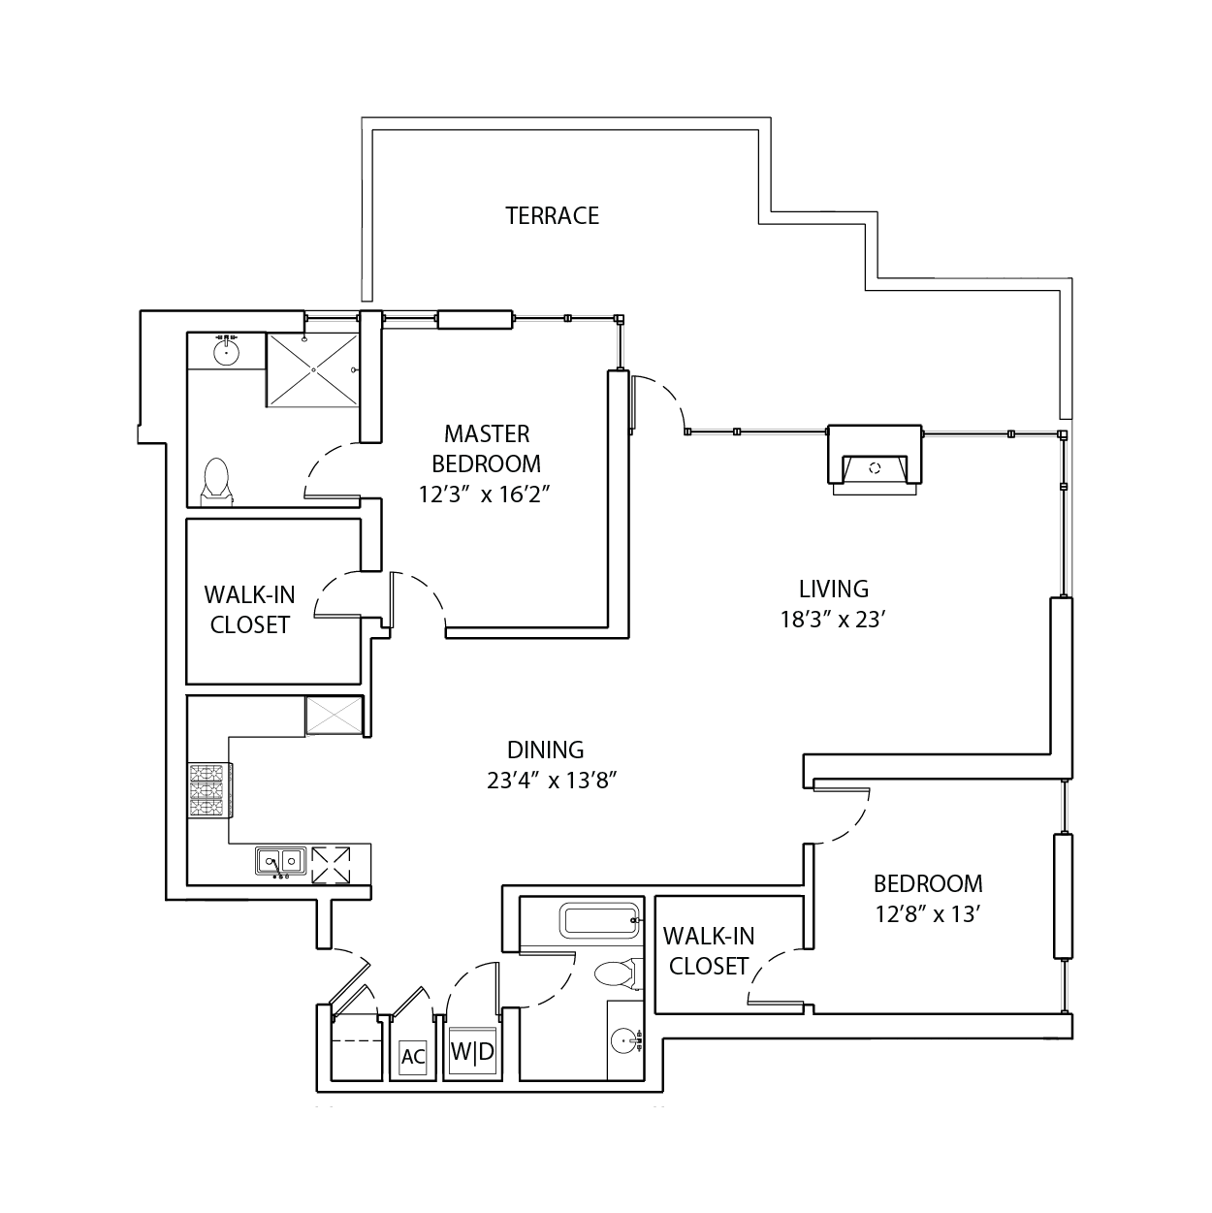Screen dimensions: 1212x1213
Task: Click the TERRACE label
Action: [x=552, y=216]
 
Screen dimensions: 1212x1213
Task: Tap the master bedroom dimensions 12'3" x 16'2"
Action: [x=485, y=495]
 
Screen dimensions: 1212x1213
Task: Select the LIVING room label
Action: [x=834, y=590]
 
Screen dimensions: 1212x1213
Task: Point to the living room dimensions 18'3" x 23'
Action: [x=834, y=620]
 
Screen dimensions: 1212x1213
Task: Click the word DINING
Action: [x=545, y=750]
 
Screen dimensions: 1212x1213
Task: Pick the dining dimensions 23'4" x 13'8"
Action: [x=552, y=781]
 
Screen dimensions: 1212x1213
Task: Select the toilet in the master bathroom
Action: [x=216, y=482]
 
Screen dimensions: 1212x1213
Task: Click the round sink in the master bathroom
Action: [x=226, y=352]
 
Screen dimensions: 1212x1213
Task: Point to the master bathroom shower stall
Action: [x=313, y=370]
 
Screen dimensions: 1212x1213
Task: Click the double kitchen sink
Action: [x=281, y=860]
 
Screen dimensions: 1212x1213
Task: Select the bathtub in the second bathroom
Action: [x=599, y=921]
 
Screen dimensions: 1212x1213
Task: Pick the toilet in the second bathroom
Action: [x=618, y=974]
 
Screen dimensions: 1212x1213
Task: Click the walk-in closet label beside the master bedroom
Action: [x=249, y=609]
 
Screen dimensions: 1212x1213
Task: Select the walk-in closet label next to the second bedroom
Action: [x=709, y=951]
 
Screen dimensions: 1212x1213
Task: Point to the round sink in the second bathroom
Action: [x=624, y=1040]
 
